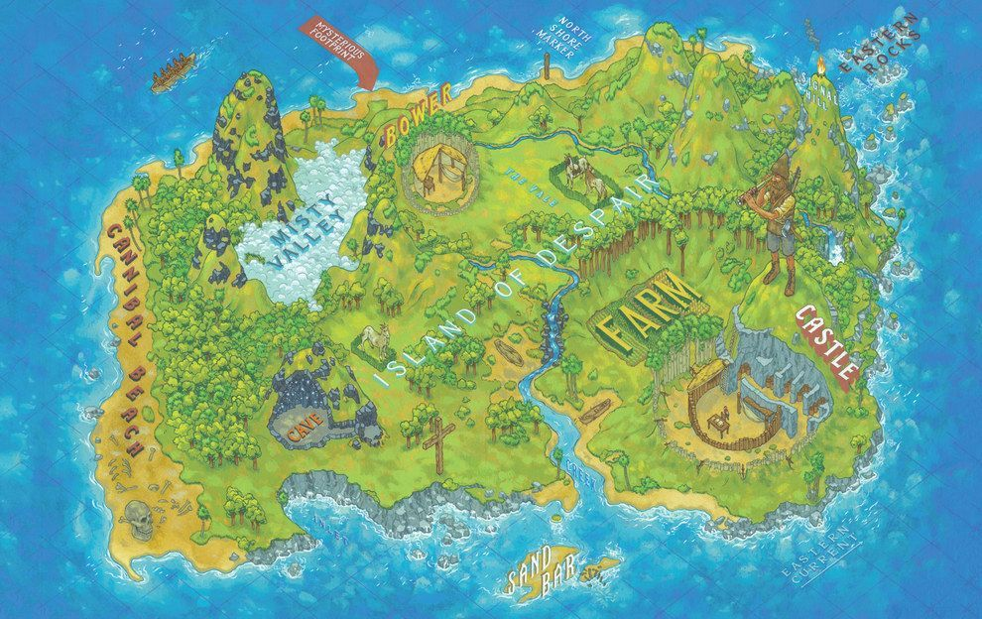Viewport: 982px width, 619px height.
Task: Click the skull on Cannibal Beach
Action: tap(140, 515)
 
